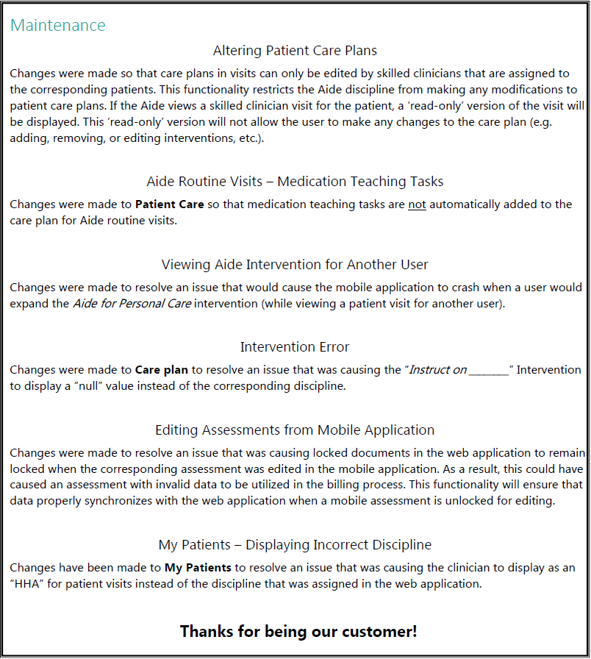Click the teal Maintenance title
(x=58, y=25)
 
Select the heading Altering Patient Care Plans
(x=295, y=51)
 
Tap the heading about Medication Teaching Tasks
(x=295, y=181)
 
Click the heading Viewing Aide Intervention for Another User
(x=295, y=264)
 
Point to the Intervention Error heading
(x=295, y=346)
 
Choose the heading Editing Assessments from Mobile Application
(x=295, y=430)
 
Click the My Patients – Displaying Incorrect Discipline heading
(x=295, y=545)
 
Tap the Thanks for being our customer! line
(x=298, y=631)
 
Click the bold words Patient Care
(x=170, y=204)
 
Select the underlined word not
(x=417, y=204)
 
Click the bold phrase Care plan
(x=161, y=370)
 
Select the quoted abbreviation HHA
(x=27, y=585)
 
